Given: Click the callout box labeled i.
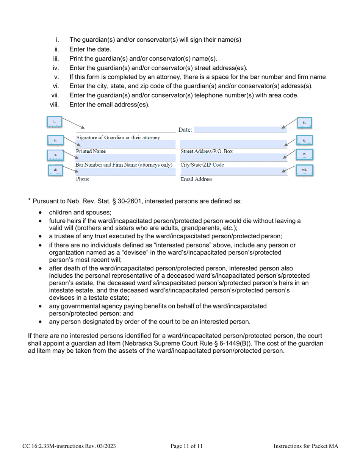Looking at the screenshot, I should tap(54, 122).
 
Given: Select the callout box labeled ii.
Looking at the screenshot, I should tap(304, 123).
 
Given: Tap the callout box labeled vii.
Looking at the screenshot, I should tap(55, 170).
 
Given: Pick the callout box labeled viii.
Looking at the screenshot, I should tap(304, 170).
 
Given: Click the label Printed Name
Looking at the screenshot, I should tap(91, 151).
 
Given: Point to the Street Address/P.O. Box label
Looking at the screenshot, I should tap(207, 151).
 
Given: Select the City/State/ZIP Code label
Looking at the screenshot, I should tap(202, 165).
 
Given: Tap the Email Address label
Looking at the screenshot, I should tap(196, 179).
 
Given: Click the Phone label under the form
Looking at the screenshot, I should tap(83, 179).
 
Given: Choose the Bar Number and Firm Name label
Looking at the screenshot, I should tap(124, 165).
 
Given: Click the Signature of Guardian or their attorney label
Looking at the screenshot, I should tap(118, 138).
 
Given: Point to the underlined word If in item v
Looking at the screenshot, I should tap(71, 77).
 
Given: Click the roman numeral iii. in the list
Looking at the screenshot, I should tap(56, 59).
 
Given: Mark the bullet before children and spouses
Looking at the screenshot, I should tap(41, 213).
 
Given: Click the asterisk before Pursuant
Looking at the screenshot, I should tap(29, 200).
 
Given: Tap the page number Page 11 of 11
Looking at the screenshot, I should tap(186, 446).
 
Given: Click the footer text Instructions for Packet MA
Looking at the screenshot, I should tap(306, 446).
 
